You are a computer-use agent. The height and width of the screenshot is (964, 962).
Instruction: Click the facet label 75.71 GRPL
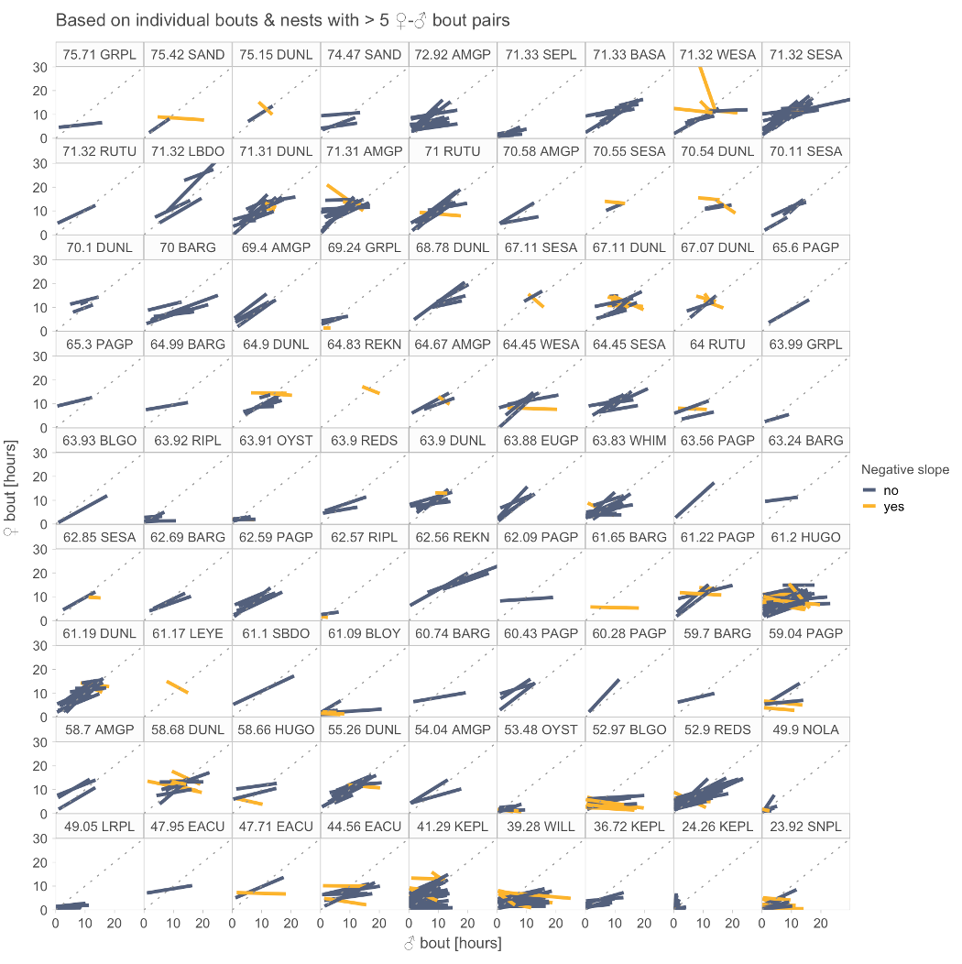point(99,54)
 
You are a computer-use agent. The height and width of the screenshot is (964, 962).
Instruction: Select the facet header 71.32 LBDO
point(187,151)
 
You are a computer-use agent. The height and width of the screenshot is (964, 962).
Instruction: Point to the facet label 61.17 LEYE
point(187,633)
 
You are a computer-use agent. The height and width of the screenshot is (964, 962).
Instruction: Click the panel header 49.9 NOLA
point(806,730)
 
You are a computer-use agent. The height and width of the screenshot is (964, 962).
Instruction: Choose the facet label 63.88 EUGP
point(541,441)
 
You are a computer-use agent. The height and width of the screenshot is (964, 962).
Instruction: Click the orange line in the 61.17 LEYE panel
point(178,687)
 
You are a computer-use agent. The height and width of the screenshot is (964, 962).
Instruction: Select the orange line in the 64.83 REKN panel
point(371,389)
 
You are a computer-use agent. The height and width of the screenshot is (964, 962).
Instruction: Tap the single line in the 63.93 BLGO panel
point(83,509)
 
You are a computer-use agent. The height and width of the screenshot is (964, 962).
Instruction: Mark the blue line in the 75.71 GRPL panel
point(80,125)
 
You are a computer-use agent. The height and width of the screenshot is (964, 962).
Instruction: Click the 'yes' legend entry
point(893,507)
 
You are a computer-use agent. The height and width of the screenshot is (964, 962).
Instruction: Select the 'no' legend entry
point(891,490)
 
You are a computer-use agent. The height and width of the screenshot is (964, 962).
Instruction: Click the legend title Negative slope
point(904,470)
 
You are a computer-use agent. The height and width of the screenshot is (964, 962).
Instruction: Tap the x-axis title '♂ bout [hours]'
point(453,943)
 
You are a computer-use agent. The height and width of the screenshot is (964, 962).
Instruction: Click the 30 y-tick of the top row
point(41,67)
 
